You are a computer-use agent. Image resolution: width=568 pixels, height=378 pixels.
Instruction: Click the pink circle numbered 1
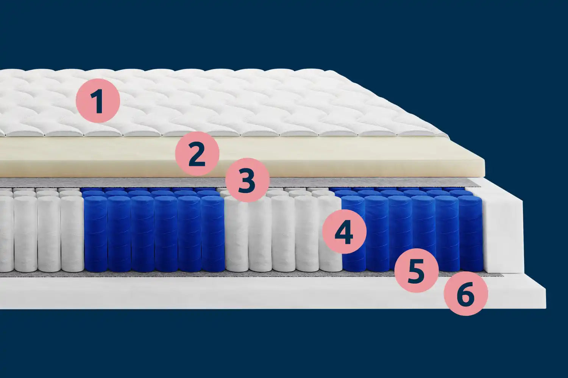[x=98, y=101]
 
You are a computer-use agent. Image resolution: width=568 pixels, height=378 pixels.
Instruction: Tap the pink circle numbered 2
[x=197, y=154]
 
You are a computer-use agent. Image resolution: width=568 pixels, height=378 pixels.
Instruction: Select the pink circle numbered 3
[x=247, y=180]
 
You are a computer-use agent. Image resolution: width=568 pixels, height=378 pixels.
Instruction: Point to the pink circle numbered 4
[x=344, y=232]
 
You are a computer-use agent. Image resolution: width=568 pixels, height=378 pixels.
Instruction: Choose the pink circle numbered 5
[x=417, y=270]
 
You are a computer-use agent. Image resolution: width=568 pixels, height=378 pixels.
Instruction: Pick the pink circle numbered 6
[x=466, y=294]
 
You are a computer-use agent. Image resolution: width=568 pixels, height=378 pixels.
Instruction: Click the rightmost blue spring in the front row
[x=470, y=234]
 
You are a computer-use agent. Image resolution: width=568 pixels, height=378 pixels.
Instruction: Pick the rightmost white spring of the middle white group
[x=330, y=234]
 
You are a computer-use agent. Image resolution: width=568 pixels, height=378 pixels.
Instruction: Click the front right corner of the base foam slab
[x=546, y=309]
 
